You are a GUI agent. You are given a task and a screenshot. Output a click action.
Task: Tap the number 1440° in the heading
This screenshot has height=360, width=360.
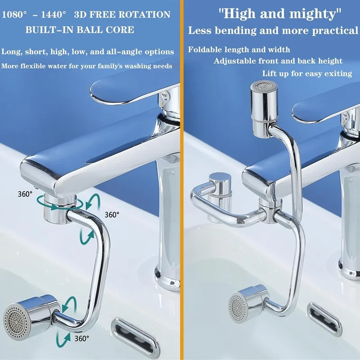54,14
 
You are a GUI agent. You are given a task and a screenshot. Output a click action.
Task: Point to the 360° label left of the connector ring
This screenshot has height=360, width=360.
25,194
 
